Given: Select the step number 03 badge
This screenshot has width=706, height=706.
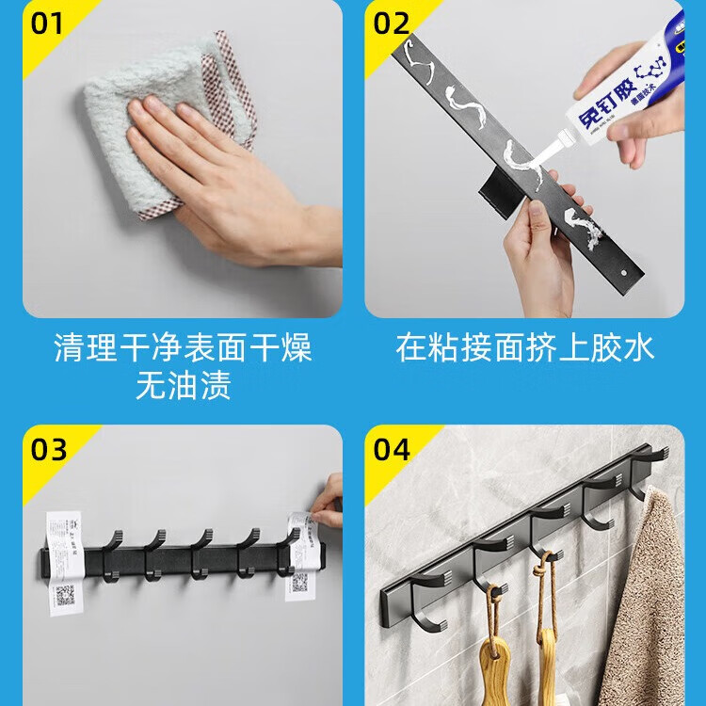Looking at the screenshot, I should [x=47, y=448].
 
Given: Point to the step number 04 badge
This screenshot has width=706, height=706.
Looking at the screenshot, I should [x=391, y=448].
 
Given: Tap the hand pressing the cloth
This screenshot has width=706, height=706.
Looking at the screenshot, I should [x=217, y=179].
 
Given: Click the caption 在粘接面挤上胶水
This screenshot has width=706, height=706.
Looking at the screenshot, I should [x=524, y=348].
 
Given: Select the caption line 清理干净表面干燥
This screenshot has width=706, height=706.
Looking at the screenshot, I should [x=183, y=348].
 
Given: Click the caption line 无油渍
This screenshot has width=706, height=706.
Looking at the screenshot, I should [x=183, y=386].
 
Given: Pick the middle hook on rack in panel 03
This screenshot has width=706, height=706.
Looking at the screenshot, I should [x=201, y=551].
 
